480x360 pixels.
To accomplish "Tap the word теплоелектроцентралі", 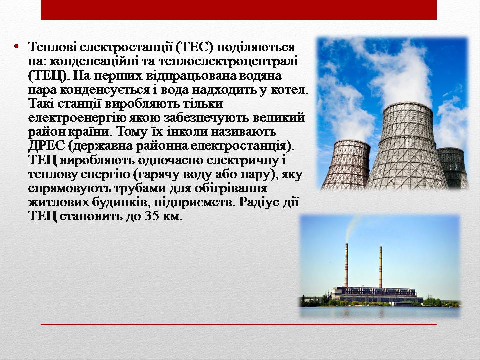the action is point(228,62).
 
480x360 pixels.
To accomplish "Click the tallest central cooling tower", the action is point(407,147).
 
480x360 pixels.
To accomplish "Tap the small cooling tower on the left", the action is point(346,165).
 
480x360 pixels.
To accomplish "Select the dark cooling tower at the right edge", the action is point(453,168).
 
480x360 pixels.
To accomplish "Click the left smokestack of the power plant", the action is point(346,265).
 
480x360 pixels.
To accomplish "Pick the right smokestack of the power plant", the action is point(381,267).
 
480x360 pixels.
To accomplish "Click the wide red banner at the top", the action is point(239,10).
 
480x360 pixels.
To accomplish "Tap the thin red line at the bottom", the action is point(239,324).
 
